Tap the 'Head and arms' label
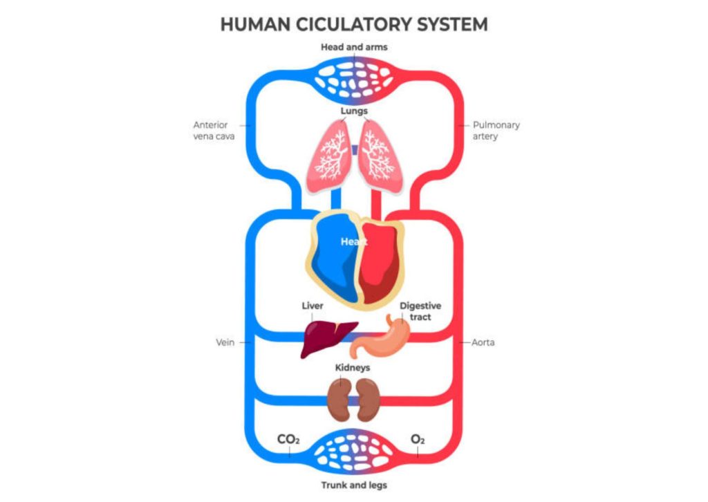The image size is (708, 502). click(x=353, y=48)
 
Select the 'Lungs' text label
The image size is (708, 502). click(x=353, y=111)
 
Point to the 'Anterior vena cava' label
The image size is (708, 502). click(x=214, y=131)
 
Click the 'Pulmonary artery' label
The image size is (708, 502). click(x=496, y=131)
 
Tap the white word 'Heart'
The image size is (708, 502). click(x=353, y=242)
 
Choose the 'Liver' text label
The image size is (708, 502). click(x=313, y=306)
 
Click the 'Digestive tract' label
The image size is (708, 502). click(x=420, y=311)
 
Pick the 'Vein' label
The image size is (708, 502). click(x=226, y=342)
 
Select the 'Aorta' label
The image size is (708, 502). click(x=483, y=342)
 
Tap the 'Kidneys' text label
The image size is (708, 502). click(x=353, y=368)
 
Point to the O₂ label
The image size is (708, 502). click(x=418, y=440)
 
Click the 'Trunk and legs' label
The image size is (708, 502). click(x=353, y=485)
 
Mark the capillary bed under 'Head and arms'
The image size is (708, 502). click(x=353, y=77)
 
